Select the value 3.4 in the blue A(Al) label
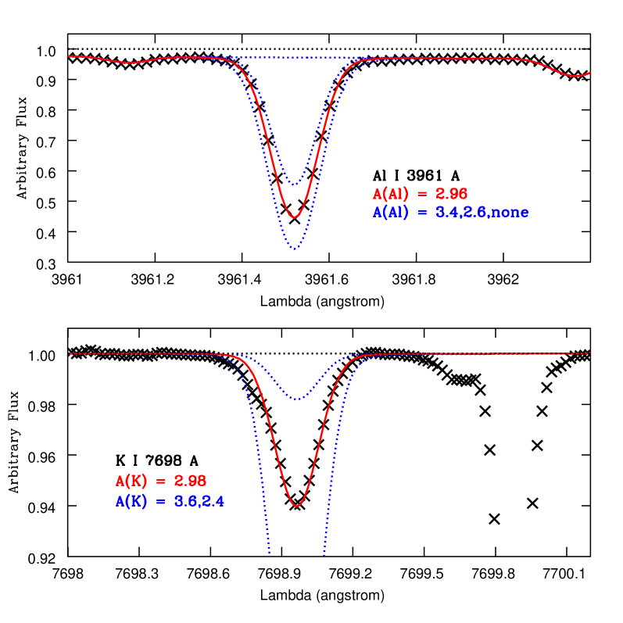[446, 213]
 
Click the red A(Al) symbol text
[390, 194]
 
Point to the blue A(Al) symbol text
[390, 213]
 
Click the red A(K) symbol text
[131, 482]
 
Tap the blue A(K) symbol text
[131, 502]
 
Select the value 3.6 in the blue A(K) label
[185, 502]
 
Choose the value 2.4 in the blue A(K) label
[213, 502]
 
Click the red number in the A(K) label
[190, 482]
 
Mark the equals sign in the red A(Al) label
[421, 194]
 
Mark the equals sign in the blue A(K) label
[160, 502]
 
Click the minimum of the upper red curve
[294, 217]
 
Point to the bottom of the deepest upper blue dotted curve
[294, 249]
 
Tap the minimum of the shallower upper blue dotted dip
[295, 184]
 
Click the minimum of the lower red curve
[296, 506]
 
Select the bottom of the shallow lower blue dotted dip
[297, 399]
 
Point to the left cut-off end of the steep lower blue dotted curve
[269, 552]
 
